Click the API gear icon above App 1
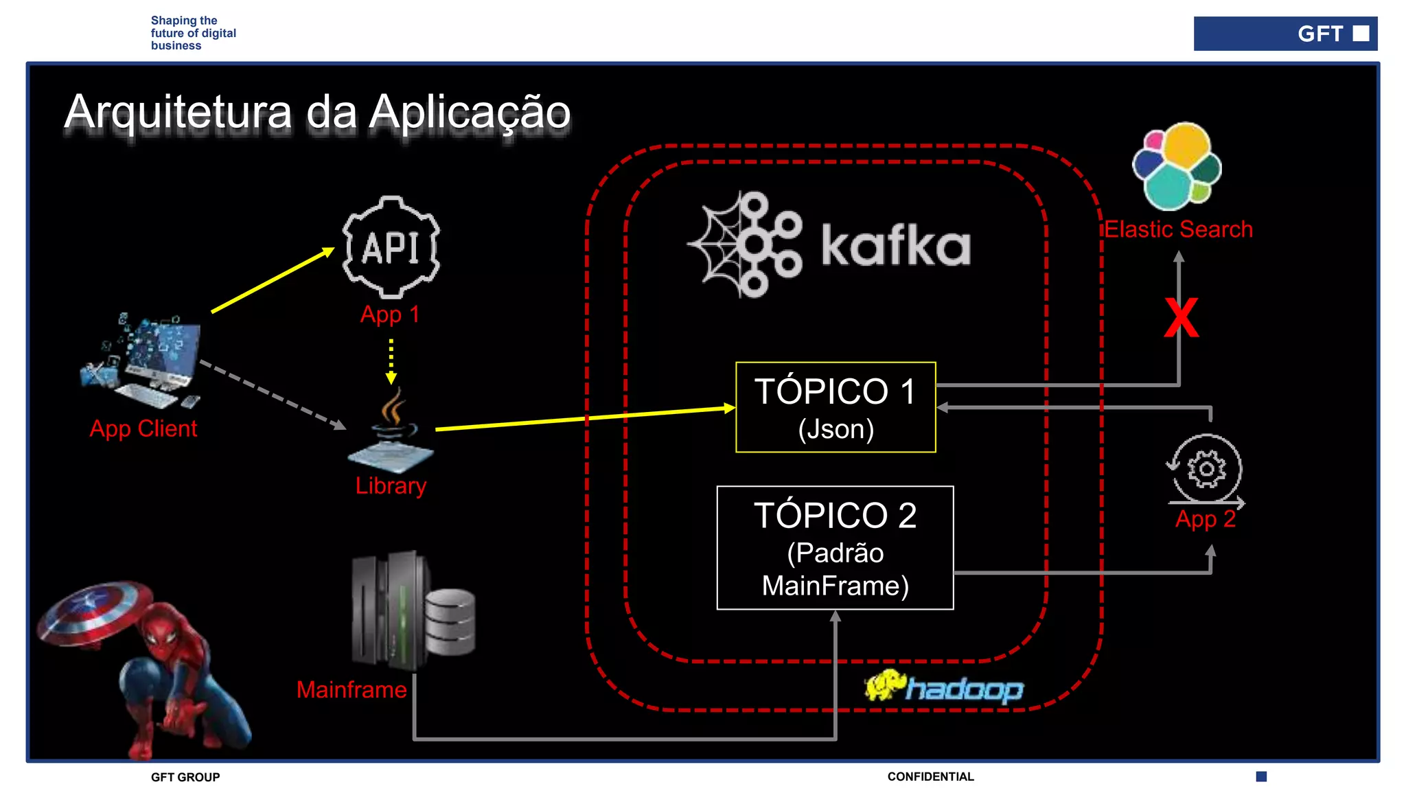tap(391, 247)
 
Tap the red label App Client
tap(143, 428)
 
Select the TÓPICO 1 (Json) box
tap(835, 407)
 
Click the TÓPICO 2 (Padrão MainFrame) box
tap(835, 548)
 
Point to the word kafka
tap(895, 245)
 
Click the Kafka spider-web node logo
tap(747, 244)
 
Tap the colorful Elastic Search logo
tap(1177, 166)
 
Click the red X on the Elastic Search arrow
tap(1181, 318)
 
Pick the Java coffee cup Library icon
tap(392, 429)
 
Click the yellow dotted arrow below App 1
tap(391, 360)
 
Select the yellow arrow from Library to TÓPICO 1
tap(584, 418)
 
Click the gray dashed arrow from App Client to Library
tap(273, 395)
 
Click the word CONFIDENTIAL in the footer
tap(930, 777)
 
